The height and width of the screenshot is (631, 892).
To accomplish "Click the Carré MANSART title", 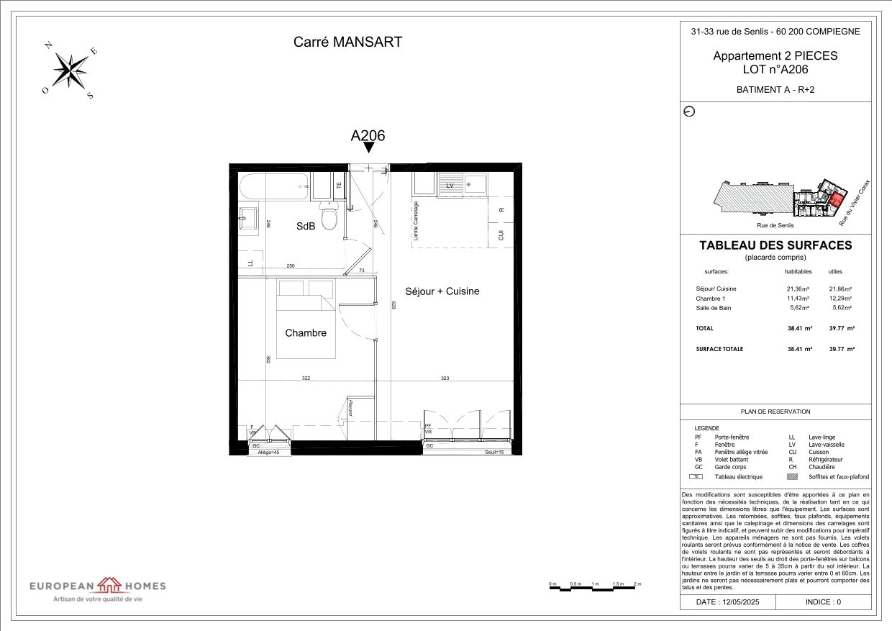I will pyautogui.click(x=347, y=42).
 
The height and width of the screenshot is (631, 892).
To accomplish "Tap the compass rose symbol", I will pyautogui.click(x=70, y=71).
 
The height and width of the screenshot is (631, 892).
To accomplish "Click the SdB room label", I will pyautogui.click(x=306, y=226).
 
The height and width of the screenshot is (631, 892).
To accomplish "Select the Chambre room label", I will pyautogui.click(x=306, y=333).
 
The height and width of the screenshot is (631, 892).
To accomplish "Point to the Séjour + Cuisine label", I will pyautogui.click(x=442, y=291).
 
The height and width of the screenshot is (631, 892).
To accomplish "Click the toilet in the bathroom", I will pyautogui.click(x=329, y=217).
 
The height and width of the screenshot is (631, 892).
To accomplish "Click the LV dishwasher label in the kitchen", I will pyautogui.click(x=450, y=185).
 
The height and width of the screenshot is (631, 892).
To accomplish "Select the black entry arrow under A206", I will pyautogui.click(x=368, y=147).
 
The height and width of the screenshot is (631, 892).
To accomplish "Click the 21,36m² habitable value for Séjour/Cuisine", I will pyautogui.click(x=798, y=289).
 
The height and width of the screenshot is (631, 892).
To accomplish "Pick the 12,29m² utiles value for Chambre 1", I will pyautogui.click(x=840, y=299).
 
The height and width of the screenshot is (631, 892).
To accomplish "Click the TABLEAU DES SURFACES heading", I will pyautogui.click(x=775, y=245).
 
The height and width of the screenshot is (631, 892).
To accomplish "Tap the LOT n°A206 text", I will pyautogui.click(x=775, y=70).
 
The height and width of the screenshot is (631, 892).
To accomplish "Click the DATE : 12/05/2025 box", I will pyautogui.click(x=728, y=602).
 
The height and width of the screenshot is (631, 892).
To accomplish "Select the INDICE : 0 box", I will pyautogui.click(x=823, y=602).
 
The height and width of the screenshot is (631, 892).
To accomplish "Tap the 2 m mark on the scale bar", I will pyautogui.click(x=637, y=584).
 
